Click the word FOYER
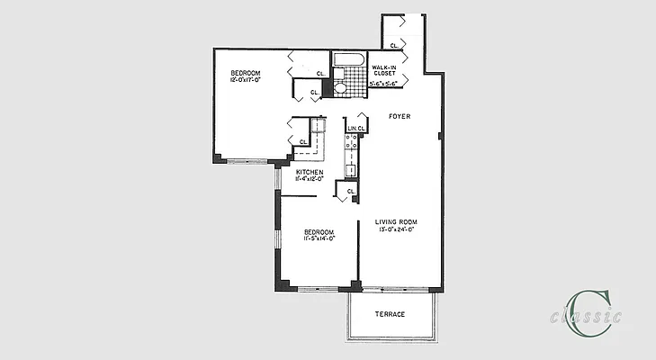(x=400, y=117)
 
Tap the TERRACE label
(x=390, y=314)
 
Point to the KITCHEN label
(x=310, y=172)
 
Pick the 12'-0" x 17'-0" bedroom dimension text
(x=244, y=80)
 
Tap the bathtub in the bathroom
(x=346, y=61)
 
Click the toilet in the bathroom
(x=341, y=88)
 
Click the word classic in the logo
(x=586, y=316)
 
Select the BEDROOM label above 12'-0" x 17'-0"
(x=244, y=72)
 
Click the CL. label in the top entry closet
(x=394, y=43)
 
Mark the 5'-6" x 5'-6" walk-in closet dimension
(x=383, y=84)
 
